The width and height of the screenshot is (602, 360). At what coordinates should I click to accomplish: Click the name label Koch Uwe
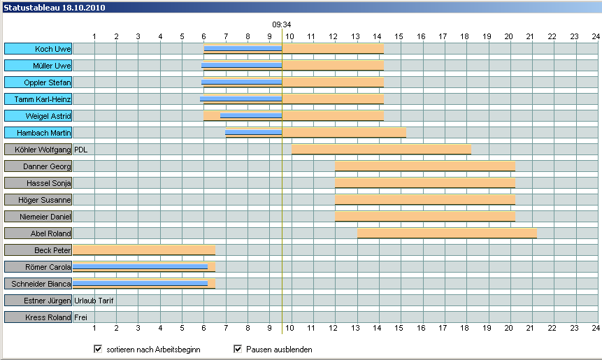click(38, 49)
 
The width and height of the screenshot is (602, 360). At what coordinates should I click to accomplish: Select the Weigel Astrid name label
click(38, 116)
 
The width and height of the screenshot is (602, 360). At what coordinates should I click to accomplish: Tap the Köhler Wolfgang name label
click(38, 150)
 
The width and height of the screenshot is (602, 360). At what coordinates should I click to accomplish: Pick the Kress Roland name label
click(38, 317)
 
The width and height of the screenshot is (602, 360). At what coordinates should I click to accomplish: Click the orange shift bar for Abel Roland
click(447, 233)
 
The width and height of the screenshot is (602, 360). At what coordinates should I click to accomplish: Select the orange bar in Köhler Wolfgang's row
click(381, 150)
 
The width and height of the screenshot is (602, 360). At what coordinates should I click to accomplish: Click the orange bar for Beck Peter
click(143, 250)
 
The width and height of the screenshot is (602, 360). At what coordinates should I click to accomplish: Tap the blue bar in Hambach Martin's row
click(253, 131)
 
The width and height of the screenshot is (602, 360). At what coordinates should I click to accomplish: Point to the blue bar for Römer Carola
click(140, 266)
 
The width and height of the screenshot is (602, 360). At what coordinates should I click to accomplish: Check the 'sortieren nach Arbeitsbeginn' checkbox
click(98, 349)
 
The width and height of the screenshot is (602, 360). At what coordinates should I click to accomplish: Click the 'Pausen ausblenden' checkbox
click(238, 349)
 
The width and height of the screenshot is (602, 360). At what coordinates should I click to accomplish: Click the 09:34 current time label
click(282, 24)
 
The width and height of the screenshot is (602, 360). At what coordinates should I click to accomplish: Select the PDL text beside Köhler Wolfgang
click(81, 150)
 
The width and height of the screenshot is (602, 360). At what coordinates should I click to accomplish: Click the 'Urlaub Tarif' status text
click(94, 301)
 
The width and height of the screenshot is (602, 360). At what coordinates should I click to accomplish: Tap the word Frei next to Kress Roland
click(80, 317)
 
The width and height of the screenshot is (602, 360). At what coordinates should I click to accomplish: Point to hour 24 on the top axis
click(596, 36)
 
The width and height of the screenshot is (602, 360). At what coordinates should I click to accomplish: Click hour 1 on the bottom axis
click(94, 328)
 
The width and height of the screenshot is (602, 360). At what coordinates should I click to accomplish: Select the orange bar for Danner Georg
click(425, 166)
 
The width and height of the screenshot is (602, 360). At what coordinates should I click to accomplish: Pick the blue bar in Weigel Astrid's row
click(250, 115)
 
